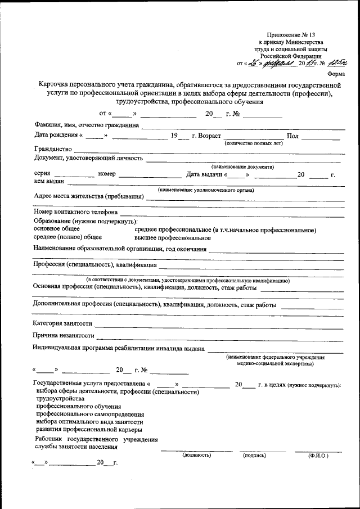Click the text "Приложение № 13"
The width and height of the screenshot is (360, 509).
[291, 34]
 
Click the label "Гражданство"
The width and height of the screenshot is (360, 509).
[53, 149]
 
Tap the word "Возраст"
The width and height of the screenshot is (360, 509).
[209, 137]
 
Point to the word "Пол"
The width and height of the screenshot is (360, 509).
[292, 137]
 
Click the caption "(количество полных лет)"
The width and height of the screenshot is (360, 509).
[254, 144]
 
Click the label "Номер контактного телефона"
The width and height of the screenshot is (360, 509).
[75, 213]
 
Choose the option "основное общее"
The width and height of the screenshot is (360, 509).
[57, 229]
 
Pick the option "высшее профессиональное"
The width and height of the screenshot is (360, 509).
[173, 238]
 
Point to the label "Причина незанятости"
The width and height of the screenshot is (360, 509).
[64, 336]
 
